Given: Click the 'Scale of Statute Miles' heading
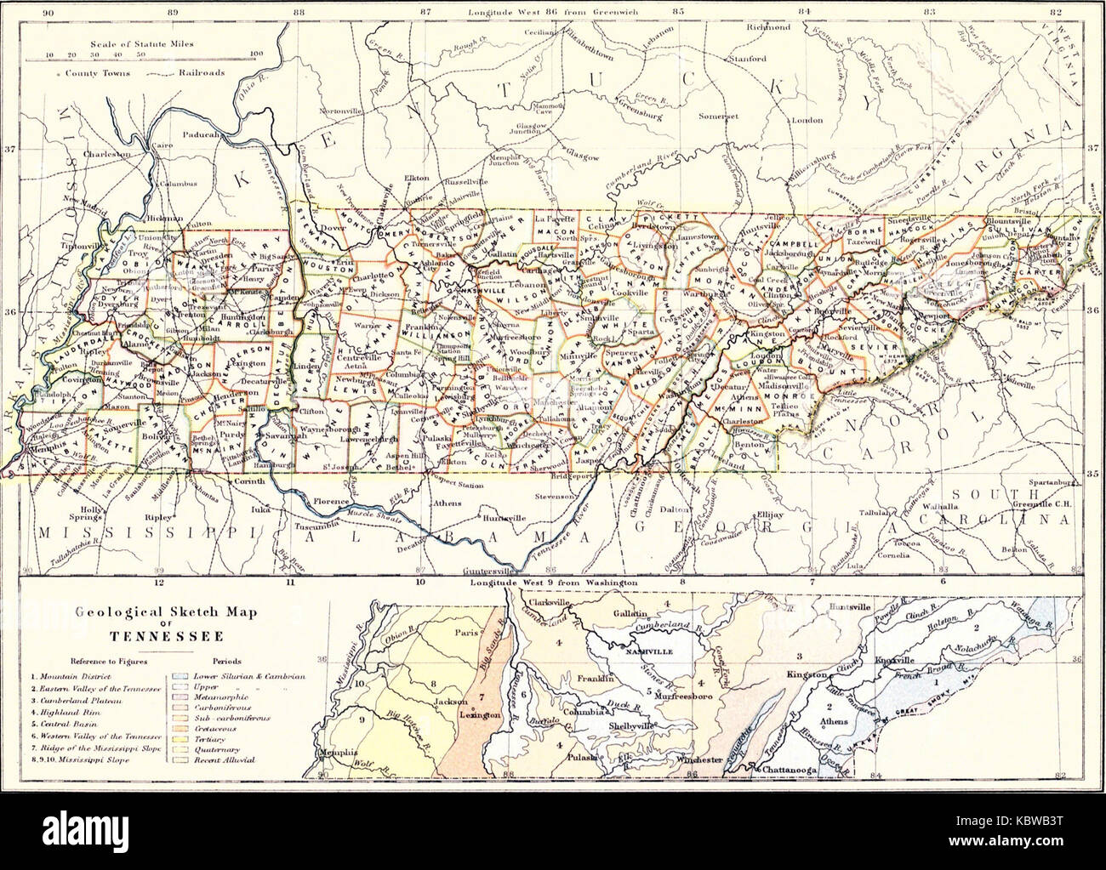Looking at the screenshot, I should point(140,40).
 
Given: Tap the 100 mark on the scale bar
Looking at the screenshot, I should point(256,54).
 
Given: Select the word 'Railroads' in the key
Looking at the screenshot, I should point(202,73).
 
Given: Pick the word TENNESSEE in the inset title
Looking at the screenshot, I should point(153,636).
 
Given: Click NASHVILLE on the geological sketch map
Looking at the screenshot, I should point(652,651).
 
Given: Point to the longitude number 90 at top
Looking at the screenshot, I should point(48,13).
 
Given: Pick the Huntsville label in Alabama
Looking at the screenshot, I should point(481,517).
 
